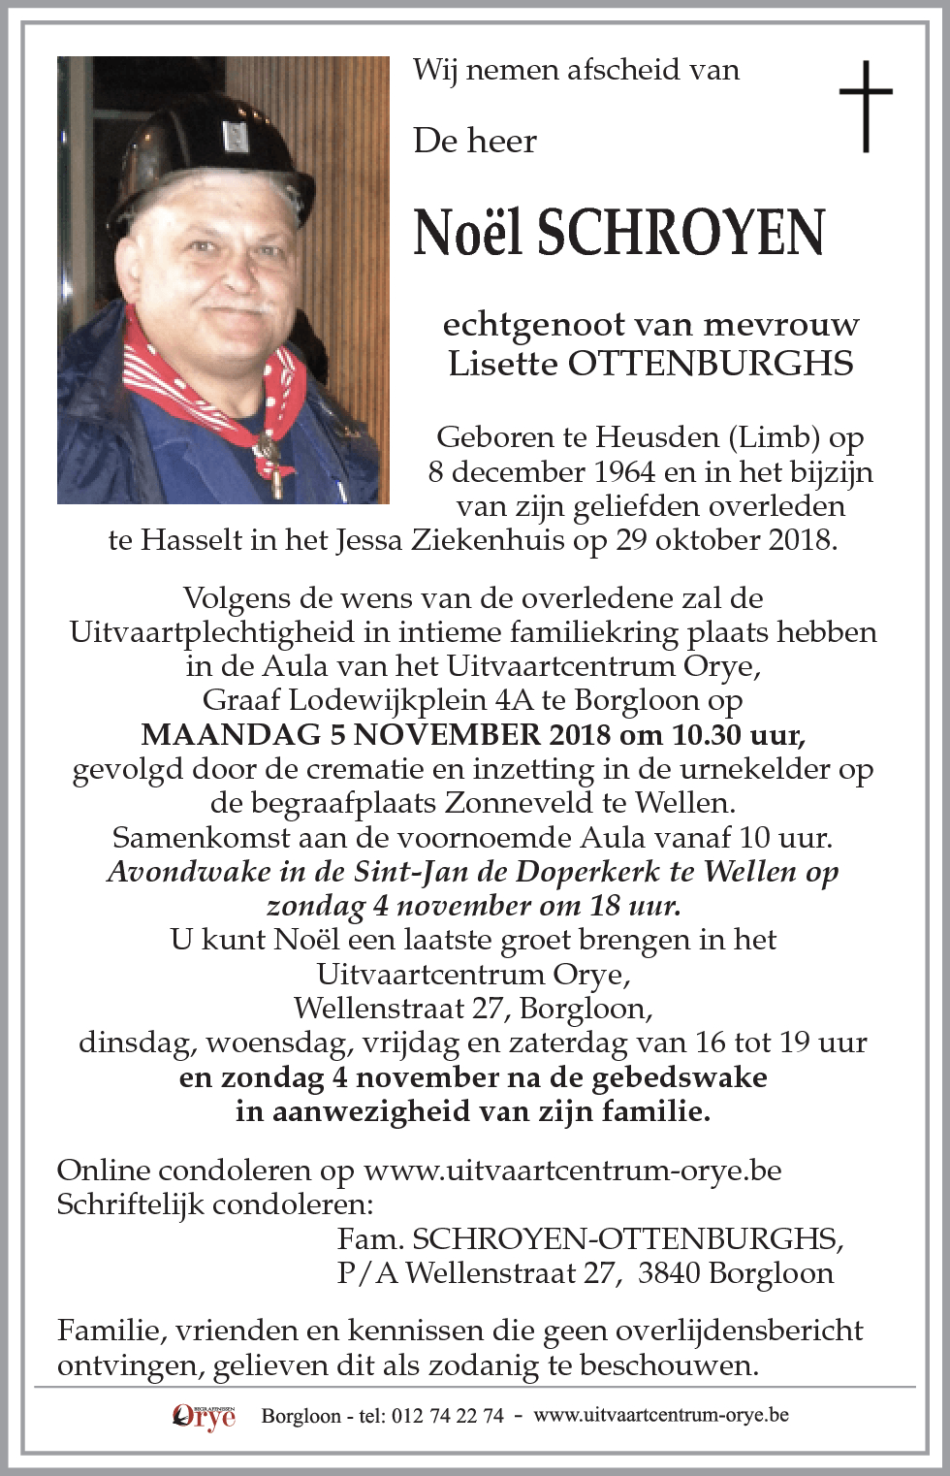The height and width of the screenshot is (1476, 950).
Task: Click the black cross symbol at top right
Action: pos(865,106)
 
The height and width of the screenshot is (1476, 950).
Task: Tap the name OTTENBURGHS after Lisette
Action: pos(711,363)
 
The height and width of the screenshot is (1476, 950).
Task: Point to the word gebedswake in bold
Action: pos(677,1077)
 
